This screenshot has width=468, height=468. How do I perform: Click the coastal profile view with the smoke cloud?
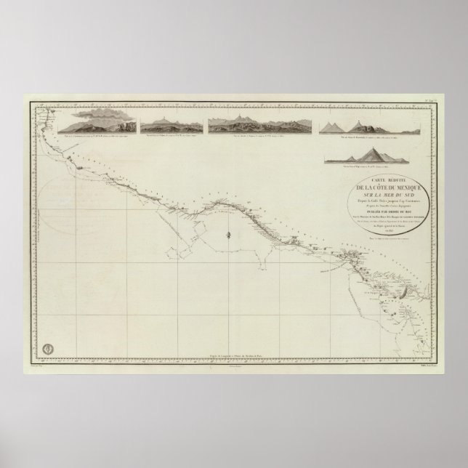[x=99, y=124]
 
